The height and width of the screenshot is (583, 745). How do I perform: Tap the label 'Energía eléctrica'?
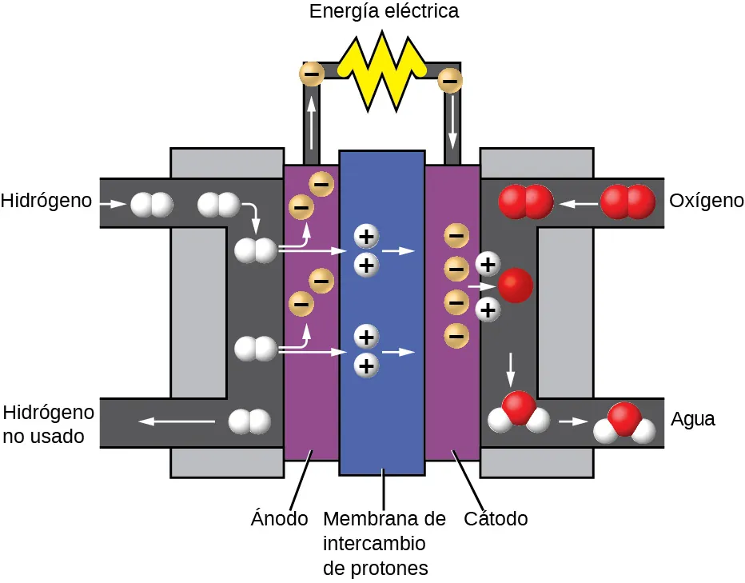(x=384, y=12)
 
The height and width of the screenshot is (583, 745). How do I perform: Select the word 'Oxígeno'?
(x=706, y=201)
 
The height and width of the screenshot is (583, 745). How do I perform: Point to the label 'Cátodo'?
(x=496, y=518)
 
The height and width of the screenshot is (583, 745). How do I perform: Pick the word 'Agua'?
(x=692, y=419)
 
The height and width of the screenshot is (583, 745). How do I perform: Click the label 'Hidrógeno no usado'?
(x=49, y=425)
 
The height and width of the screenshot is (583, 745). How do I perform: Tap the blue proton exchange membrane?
(x=382, y=312)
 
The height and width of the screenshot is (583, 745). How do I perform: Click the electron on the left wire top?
(x=311, y=74)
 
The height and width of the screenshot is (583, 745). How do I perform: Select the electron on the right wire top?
(x=450, y=80)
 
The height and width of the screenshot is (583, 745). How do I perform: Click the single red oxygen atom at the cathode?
(x=515, y=286)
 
